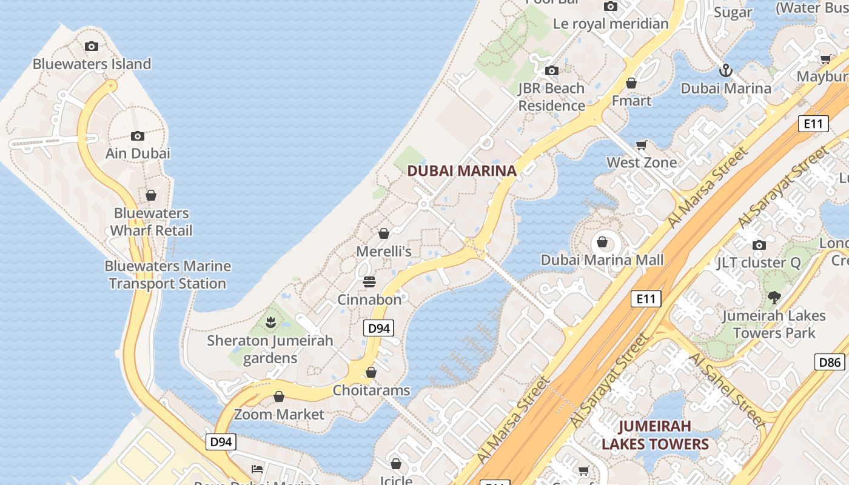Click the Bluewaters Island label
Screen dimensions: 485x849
click(x=92, y=64)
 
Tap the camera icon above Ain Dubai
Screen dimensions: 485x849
click(x=138, y=136)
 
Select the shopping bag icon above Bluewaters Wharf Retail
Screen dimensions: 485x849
click(x=151, y=195)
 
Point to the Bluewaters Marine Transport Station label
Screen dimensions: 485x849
click(x=167, y=275)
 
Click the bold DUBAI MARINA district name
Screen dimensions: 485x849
click(x=461, y=171)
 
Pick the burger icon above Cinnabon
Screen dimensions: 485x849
click(x=369, y=282)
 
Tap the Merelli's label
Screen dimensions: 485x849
click(x=383, y=251)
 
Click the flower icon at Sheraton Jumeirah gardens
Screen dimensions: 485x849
click(x=270, y=323)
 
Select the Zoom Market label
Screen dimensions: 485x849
click(x=279, y=415)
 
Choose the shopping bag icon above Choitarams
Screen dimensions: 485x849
click(x=371, y=372)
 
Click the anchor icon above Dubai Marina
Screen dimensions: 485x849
click(x=725, y=71)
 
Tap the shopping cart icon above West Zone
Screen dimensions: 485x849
click(x=642, y=145)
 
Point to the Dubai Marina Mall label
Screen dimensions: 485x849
click(x=602, y=260)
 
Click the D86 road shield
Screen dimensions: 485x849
click(x=830, y=363)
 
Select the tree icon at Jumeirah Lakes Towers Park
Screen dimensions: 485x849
click(x=774, y=298)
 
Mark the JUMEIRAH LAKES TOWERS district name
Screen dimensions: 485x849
click(x=655, y=435)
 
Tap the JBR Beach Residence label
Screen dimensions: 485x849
click(x=551, y=97)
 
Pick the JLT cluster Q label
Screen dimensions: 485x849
click(x=758, y=263)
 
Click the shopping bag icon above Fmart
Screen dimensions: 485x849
click(x=631, y=83)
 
